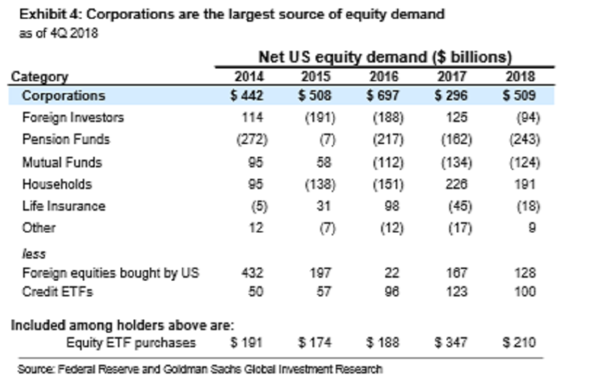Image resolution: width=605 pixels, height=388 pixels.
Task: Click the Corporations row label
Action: [x=63, y=95]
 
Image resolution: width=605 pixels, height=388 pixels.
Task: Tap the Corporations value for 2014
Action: [x=247, y=95]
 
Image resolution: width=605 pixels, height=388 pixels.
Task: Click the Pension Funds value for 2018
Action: [x=525, y=139]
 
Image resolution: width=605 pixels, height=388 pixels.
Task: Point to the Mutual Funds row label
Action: [x=62, y=162]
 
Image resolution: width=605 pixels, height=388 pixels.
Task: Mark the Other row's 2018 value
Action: [x=532, y=228]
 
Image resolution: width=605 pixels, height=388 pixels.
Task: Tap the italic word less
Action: [x=34, y=254]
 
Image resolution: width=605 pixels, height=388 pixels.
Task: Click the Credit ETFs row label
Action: [x=57, y=292]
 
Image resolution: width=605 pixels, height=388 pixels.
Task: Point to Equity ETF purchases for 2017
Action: [x=451, y=342]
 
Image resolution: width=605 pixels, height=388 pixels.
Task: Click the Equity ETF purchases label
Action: [x=131, y=342]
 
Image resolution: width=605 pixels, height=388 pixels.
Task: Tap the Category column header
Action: [x=40, y=77]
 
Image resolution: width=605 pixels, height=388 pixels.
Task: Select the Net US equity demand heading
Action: [x=385, y=57]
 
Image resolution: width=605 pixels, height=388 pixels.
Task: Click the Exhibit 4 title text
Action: [x=232, y=15]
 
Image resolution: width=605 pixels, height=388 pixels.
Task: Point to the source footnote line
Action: [x=199, y=369]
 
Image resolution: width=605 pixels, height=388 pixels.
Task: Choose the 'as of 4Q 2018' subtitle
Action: [x=59, y=34]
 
